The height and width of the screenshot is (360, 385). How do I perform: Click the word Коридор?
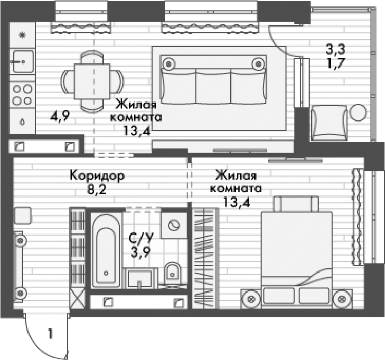coord(97,176)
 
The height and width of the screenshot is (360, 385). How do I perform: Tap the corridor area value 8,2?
coord(97,189)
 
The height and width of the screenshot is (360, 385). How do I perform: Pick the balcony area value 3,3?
coord(335,50)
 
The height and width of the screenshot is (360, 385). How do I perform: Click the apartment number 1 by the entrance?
coord(50,334)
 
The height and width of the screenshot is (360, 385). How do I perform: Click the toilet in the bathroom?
coord(172,273)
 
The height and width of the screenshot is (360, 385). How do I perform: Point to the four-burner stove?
coord(22,95)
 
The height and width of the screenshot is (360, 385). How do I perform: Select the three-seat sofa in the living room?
coord(213,82)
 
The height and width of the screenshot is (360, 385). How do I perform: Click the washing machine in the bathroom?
coord(172,225)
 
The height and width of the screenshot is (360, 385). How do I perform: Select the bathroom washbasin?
coord(140,277)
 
